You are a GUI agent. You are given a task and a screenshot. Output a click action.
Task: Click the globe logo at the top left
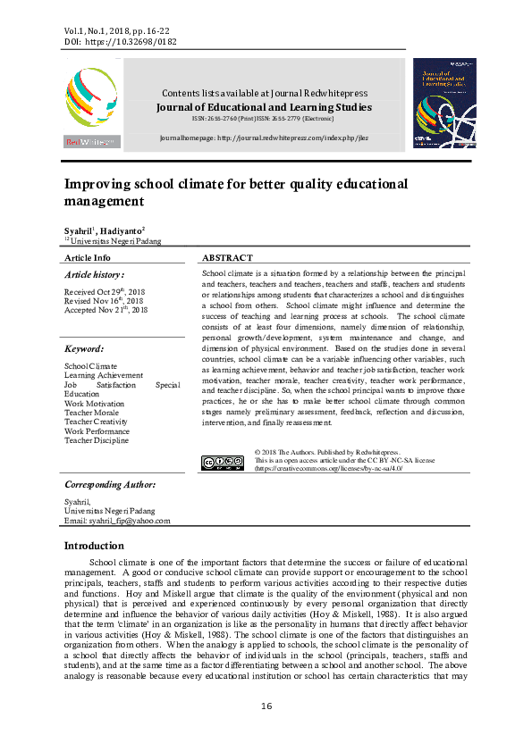(x=90, y=99)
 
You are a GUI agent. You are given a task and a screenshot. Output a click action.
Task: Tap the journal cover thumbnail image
(x=443, y=103)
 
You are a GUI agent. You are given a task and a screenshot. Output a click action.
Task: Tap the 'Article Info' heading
(x=88, y=257)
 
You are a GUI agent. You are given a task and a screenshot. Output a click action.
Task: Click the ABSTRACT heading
(x=227, y=257)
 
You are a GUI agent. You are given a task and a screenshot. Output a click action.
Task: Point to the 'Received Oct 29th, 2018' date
(x=104, y=292)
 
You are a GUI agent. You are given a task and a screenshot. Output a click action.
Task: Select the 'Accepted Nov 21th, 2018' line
(x=106, y=310)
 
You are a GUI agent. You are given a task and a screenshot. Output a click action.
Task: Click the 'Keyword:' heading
(x=84, y=348)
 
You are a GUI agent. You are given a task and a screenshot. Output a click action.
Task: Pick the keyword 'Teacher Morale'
(x=92, y=413)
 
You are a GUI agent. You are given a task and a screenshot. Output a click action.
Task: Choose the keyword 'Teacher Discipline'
(x=97, y=440)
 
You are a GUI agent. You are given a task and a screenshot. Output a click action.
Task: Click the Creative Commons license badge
(x=223, y=462)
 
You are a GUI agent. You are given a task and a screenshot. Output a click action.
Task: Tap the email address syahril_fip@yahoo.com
(x=116, y=521)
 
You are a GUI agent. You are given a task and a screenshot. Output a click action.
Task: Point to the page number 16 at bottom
(x=266, y=706)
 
